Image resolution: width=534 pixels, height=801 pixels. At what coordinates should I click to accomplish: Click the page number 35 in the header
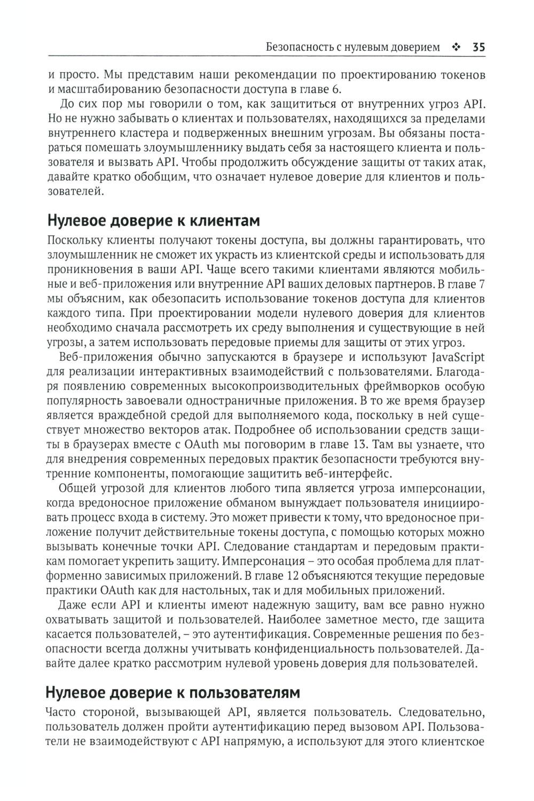[478, 47]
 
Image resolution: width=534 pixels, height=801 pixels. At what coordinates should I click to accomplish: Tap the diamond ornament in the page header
[456, 47]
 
